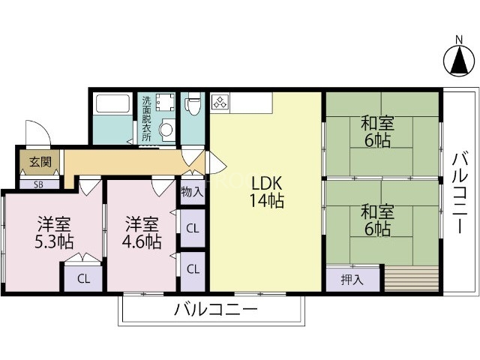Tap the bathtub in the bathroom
114,104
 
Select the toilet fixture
193,104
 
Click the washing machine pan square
166,103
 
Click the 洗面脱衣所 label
146,118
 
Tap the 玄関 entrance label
36,161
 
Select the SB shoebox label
36,182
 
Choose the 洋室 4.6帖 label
142,232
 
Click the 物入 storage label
192,191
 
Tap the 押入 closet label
352,280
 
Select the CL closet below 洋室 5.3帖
83,279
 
